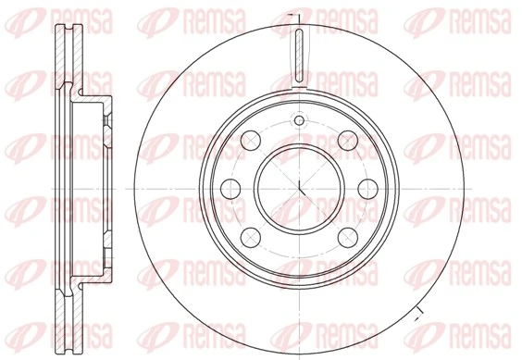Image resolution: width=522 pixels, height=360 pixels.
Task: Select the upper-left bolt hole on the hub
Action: (x=251, y=140)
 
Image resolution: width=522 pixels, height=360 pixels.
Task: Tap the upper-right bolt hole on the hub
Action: (x=347, y=140)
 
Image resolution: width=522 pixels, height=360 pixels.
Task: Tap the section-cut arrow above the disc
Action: (x=292, y=16)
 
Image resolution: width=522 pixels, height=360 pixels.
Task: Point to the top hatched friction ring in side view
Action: (x=63, y=56)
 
